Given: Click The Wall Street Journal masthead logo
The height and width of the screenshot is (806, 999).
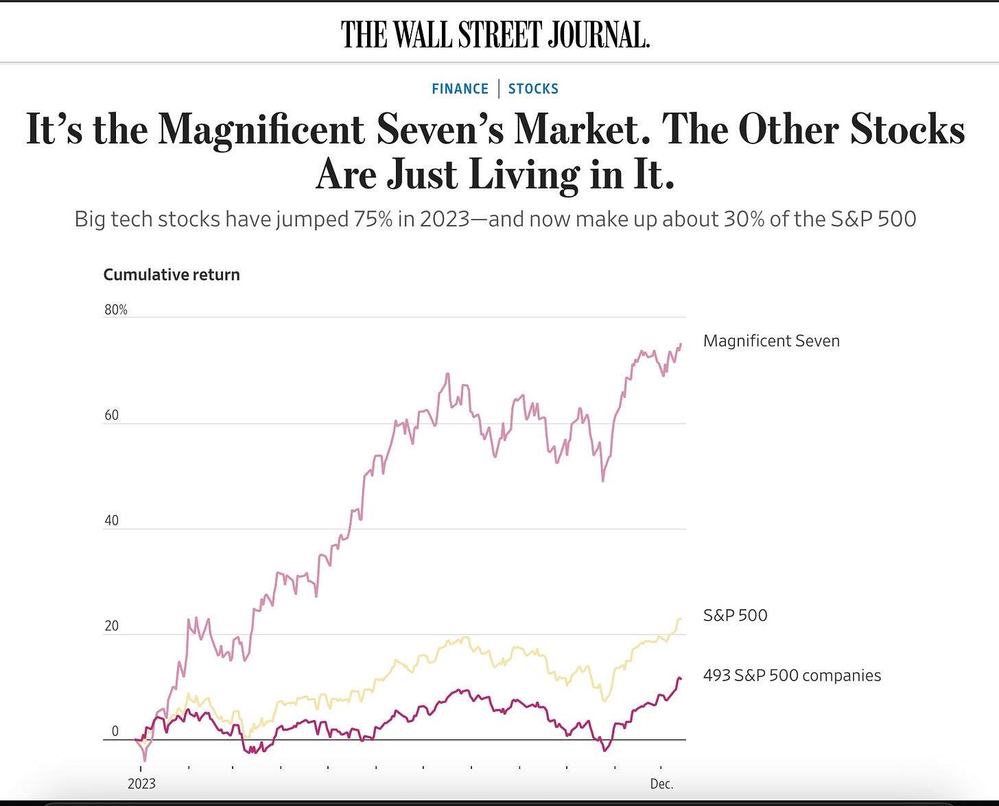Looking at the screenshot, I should coord(495,34).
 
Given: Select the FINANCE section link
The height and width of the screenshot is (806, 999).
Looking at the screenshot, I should coord(460,88).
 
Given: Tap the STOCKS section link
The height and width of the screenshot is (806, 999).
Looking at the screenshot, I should coord(533,88).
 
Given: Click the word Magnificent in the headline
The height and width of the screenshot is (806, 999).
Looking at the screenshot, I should coord(261,129).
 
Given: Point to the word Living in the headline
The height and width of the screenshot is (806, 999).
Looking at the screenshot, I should coord(524,174).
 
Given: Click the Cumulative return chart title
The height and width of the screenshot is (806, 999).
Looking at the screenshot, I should coord(172,274).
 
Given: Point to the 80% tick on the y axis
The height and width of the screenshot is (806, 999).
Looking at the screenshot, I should coord(116,309).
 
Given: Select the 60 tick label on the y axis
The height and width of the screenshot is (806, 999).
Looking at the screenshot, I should coord(111,415).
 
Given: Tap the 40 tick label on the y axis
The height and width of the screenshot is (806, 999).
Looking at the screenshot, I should coord(111,520).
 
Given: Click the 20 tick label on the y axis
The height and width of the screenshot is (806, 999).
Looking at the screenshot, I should coord(111,626).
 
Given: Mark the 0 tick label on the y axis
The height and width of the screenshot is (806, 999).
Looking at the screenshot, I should coord(115,731).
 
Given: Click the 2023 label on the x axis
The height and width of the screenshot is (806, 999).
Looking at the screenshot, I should coord(141,783).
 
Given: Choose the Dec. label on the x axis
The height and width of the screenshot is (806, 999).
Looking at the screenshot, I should coord(661,783).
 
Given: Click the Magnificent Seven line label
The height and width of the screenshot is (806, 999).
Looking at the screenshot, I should coord(771,341).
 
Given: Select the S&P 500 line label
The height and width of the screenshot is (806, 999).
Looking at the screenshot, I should coord(735,615).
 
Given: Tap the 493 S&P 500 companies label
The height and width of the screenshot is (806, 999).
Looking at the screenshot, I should coord(792,676).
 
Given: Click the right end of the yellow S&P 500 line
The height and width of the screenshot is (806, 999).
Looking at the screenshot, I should coord(680,619).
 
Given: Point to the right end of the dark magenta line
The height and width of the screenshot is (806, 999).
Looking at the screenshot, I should coord(680,679).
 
